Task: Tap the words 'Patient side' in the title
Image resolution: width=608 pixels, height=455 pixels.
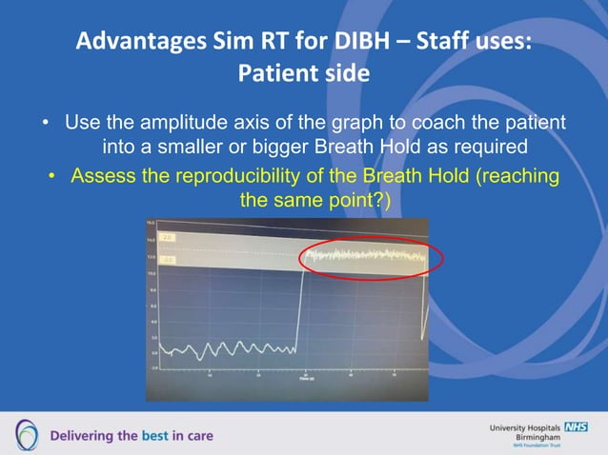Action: (x=303, y=73)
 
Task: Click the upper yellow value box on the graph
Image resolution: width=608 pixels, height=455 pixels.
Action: (x=167, y=237)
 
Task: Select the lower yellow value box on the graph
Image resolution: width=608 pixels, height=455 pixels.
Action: (x=167, y=259)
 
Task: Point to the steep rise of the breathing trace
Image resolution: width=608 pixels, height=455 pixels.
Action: (x=300, y=305)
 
